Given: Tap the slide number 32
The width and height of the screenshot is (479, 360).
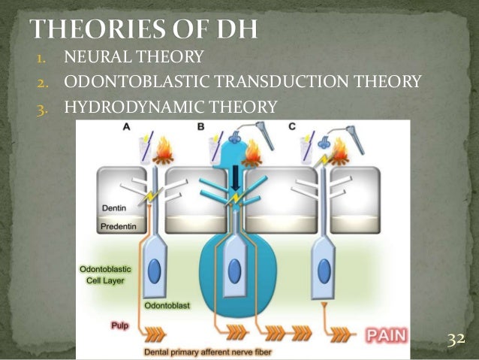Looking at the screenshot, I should (x=456, y=340).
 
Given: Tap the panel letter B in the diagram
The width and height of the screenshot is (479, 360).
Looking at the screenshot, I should (x=200, y=129).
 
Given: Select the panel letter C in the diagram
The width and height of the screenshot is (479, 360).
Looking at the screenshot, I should (x=291, y=129).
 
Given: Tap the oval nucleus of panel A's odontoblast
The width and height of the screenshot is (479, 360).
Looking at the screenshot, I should (x=154, y=270).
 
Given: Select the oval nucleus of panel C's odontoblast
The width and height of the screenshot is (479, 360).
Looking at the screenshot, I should (x=324, y=269).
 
